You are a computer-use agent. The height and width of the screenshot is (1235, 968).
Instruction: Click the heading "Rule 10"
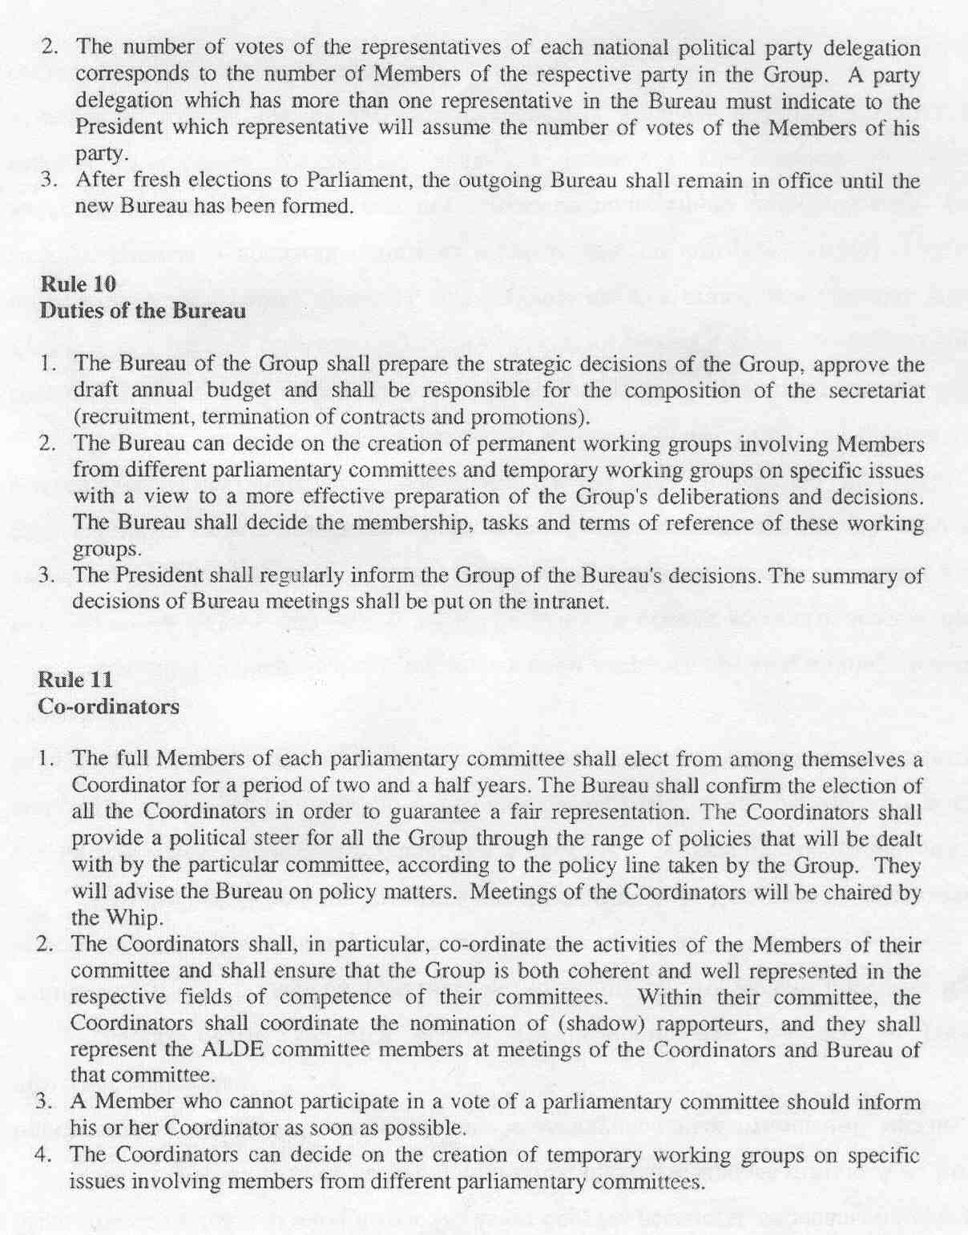(78, 284)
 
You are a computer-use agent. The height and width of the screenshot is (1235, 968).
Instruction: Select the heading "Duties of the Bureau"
(143, 310)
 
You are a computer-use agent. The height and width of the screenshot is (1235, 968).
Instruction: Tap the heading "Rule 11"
(76, 680)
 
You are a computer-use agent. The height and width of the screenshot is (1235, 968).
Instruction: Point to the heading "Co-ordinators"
(108, 706)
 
